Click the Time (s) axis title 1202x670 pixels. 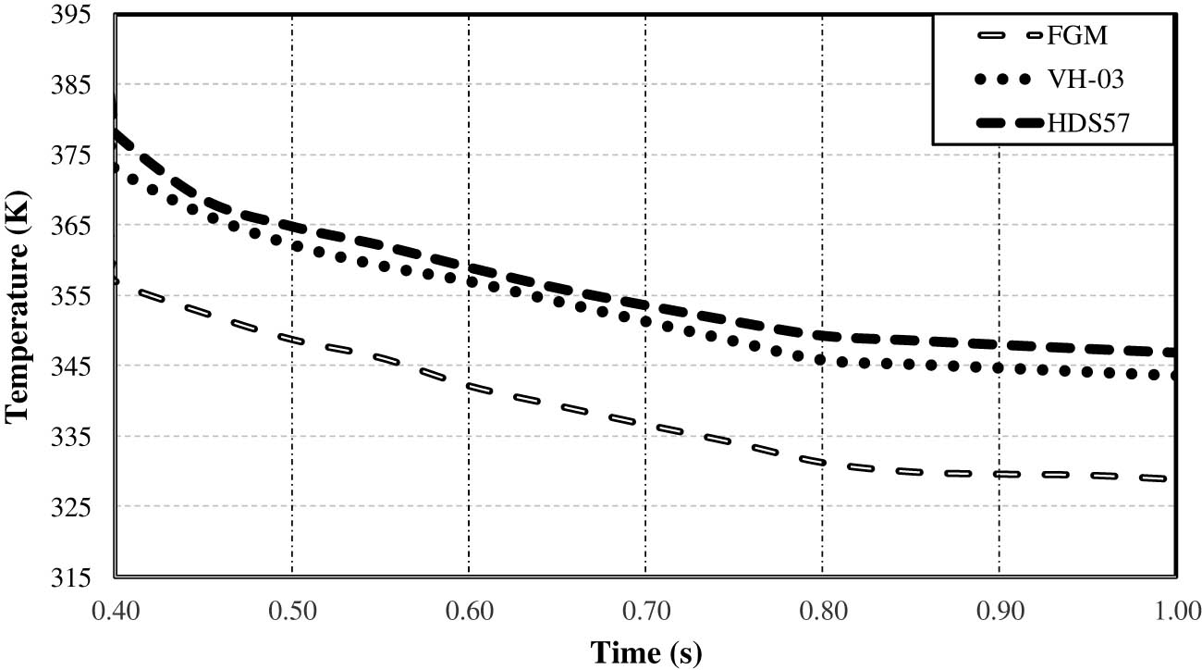tap(645, 652)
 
